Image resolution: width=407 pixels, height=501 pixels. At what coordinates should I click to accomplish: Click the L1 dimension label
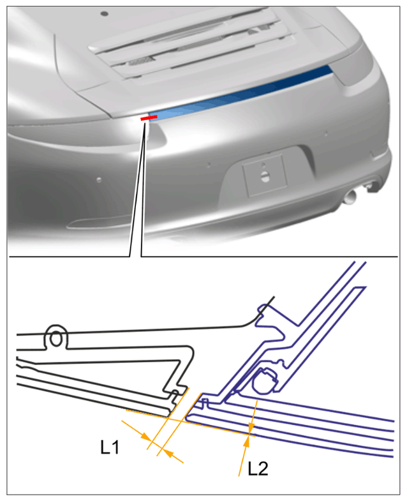click(110, 447)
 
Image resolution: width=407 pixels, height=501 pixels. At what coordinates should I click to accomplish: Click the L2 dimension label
click(258, 468)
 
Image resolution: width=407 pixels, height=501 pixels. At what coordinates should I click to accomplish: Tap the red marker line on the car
click(149, 118)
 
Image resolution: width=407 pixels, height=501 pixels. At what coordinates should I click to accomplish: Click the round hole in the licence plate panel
click(265, 176)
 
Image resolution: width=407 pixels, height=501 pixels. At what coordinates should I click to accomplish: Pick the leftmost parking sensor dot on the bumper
click(99, 179)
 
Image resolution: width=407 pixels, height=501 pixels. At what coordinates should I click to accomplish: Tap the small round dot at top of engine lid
click(105, 14)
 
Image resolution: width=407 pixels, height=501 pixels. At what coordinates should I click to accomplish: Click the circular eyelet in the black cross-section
click(56, 338)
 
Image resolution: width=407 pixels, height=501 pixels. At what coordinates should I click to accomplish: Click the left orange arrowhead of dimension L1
click(146, 437)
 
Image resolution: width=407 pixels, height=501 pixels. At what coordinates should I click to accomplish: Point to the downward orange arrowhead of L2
click(251, 427)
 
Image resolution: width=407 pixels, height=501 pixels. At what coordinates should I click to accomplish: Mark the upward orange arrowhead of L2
click(248, 441)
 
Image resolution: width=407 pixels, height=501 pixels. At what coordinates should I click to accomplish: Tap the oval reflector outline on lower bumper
click(96, 223)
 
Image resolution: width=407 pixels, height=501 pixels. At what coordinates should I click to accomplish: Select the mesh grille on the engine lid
click(140, 61)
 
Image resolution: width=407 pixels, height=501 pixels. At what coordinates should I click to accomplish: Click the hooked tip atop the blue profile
click(262, 308)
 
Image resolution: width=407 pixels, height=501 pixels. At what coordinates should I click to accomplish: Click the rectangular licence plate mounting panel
click(265, 176)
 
